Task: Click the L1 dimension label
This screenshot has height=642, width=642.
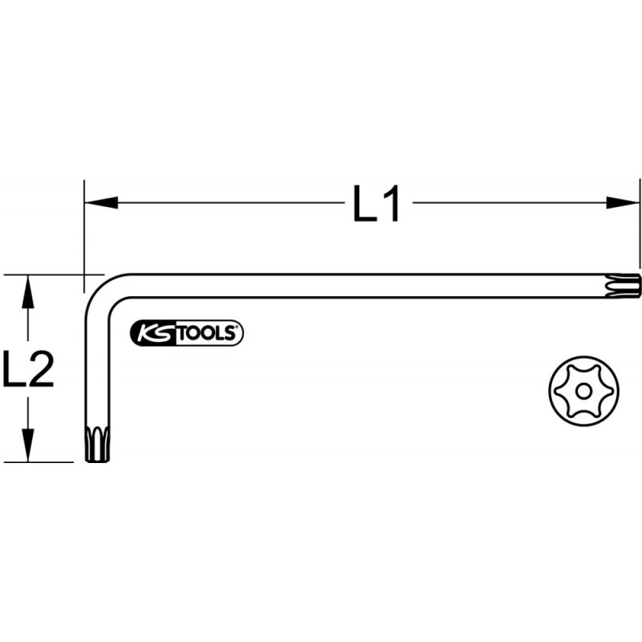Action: coord(376,204)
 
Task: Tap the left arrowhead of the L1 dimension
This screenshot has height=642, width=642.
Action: coord(101,202)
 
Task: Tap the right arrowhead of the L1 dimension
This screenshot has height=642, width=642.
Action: coord(622,202)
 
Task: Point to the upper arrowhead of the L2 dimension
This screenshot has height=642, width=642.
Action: coord(28,291)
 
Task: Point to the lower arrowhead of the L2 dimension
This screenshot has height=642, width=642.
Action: coord(28,445)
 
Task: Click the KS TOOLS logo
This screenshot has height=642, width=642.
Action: coord(187,333)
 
